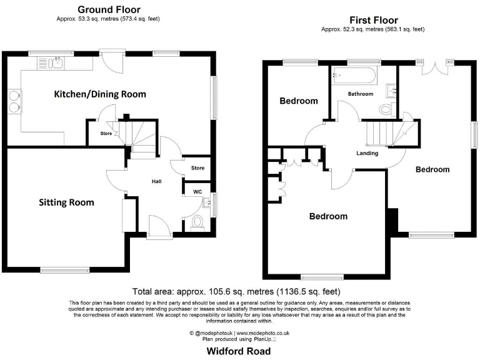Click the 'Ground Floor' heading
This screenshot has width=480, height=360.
[x=109, y=9]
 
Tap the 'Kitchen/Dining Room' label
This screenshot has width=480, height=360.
[x=100, y=94]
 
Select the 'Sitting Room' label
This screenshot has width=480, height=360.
[x=66, y=202]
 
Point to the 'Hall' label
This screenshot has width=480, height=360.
[x=157, y=181]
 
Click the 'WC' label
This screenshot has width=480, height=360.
[x=197, y=192]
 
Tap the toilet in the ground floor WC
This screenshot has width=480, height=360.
[x=198, y=222]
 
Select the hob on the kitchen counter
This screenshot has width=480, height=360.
[x=14, y=101]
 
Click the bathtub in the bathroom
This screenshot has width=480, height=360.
[x=354, y=76]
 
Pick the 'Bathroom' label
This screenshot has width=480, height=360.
[x=361, y=94]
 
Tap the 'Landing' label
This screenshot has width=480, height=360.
[x=367, y=152]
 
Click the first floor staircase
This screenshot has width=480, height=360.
[x=377, y=132]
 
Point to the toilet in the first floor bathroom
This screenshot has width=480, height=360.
[x=386, y=109]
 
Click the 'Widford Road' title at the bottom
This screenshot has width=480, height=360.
[x=239, y=351]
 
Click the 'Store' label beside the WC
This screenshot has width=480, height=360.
[x=197, y=167]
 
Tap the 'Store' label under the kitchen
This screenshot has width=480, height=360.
[x=98, y=133]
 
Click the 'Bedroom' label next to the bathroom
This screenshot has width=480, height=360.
[x=298, y=101]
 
